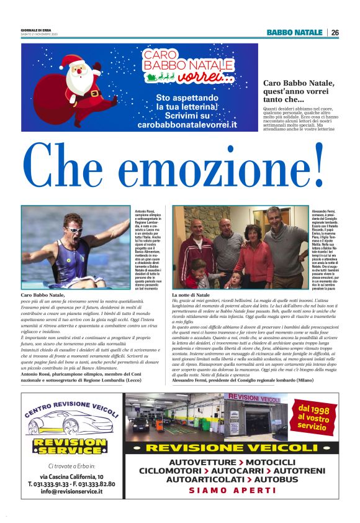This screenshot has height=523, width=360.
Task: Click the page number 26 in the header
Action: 335,32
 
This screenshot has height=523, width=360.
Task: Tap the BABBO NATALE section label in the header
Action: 295,32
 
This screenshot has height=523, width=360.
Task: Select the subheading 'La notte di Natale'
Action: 191,294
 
